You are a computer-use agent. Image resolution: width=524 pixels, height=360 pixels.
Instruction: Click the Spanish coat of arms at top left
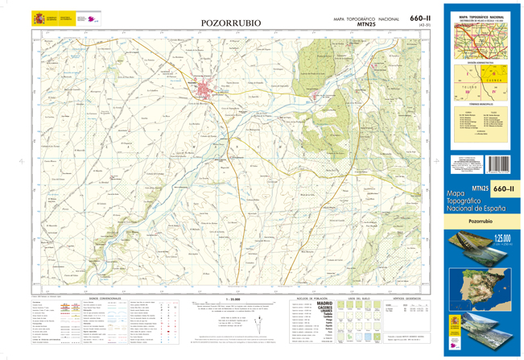(x=36, y=19)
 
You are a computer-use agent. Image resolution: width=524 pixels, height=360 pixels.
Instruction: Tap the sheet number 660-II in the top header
(x=420, y=18)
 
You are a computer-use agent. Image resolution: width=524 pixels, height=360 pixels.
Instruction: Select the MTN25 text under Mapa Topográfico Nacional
(x=366, y=25)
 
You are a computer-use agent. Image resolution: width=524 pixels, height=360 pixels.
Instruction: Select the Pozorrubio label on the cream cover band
(x=481, y=220)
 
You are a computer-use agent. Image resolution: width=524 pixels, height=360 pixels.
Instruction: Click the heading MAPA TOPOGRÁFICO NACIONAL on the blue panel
(x=481, y=16)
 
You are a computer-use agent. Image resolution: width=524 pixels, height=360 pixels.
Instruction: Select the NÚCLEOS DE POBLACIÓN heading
(x=310, y=298)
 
